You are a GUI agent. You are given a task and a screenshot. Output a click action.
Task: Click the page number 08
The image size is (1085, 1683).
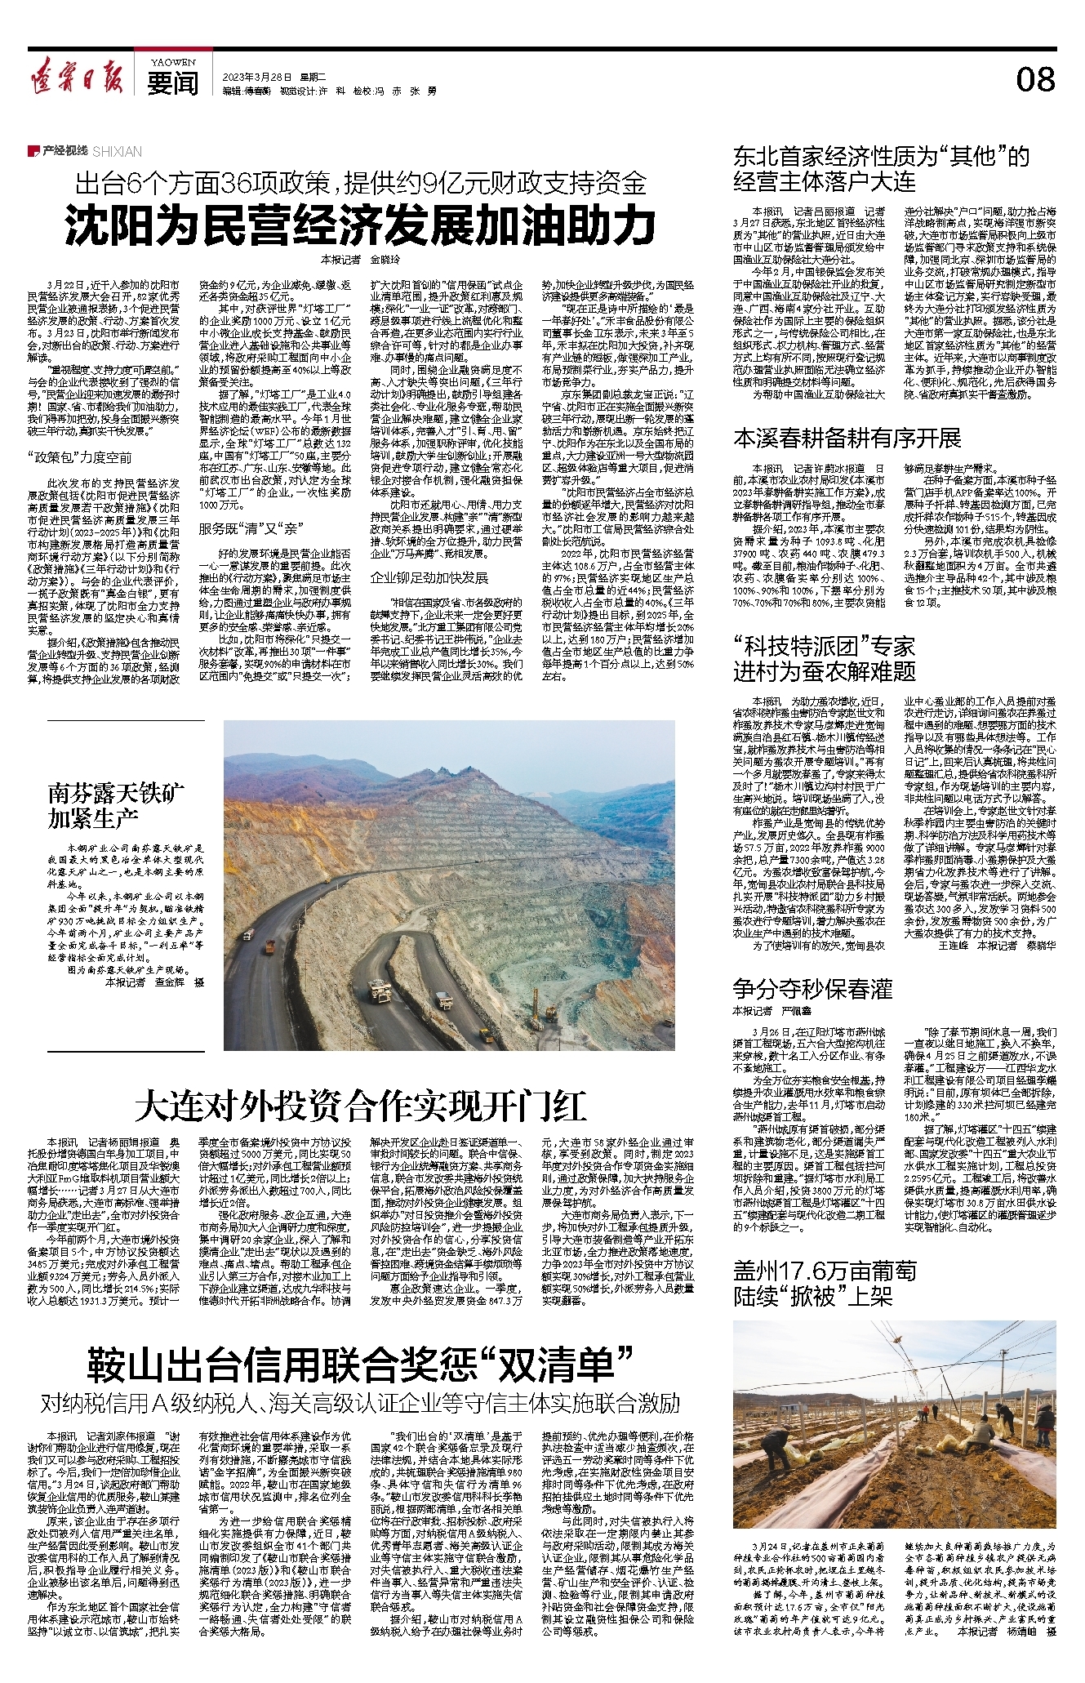click(1034, 80)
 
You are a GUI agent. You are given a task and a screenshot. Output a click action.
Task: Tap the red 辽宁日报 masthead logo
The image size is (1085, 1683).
click(77, 78)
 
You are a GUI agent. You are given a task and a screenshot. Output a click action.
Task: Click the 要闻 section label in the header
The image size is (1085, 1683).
click(173, 84)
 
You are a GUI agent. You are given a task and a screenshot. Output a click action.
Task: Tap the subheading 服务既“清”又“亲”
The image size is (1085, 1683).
click(252, 529)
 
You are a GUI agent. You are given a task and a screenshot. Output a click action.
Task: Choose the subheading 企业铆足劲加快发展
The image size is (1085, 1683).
click(429, 577)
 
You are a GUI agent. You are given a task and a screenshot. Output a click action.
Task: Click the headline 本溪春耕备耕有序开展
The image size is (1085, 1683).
click(847, 439)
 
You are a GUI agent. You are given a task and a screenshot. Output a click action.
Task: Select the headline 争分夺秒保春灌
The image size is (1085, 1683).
click(812, 989)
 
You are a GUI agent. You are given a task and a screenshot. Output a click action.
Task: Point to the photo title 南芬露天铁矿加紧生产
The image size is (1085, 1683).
click(104, 805)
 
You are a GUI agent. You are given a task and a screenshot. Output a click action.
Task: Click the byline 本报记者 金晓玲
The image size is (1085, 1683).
click(360, 260)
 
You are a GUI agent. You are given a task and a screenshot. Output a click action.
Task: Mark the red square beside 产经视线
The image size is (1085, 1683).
click(33, 151)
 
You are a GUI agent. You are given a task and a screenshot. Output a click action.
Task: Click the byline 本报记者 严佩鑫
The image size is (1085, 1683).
click(763, 1011)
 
